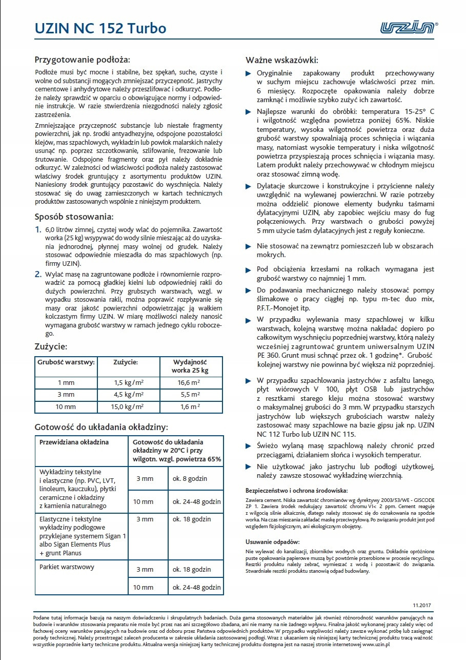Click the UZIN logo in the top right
[x=408, y=27]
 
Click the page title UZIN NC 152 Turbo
[x=100, y=28]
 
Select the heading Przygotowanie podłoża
[x=82, y=59]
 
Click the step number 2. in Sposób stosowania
[x=38, y=274]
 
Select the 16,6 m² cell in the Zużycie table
[x=189, y=382]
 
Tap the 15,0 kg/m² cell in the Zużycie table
[x=128, y=407]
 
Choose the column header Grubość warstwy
[x=66, y=362]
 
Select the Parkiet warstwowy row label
[x=67, y=567]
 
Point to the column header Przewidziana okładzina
[x=74, y=442]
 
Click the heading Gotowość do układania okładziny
[x=101, y=427]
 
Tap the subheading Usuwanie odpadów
[x=273, y=542]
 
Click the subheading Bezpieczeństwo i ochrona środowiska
[x=297, y=491]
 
